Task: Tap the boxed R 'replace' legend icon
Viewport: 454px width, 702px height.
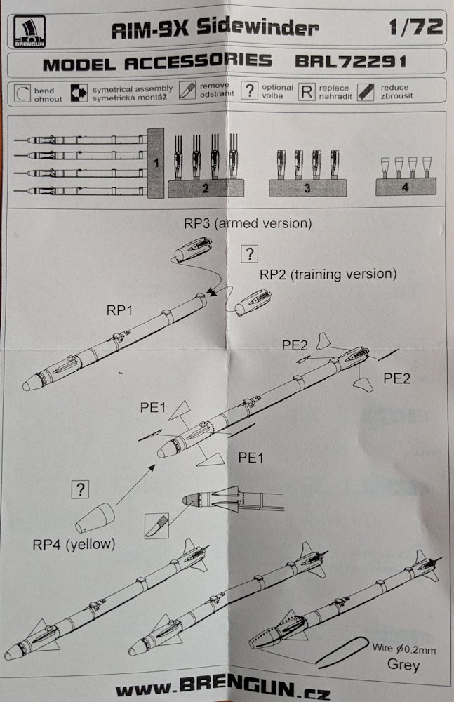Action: click(305, 92)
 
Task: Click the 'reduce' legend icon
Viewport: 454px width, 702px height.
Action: click(365, 92)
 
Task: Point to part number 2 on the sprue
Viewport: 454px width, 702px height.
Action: click(206, 187)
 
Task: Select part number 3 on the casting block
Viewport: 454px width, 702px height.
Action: click(307, 187)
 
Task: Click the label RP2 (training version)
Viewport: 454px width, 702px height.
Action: click(328, 274)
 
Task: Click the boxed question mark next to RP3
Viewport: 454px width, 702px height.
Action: click(251, 255)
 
